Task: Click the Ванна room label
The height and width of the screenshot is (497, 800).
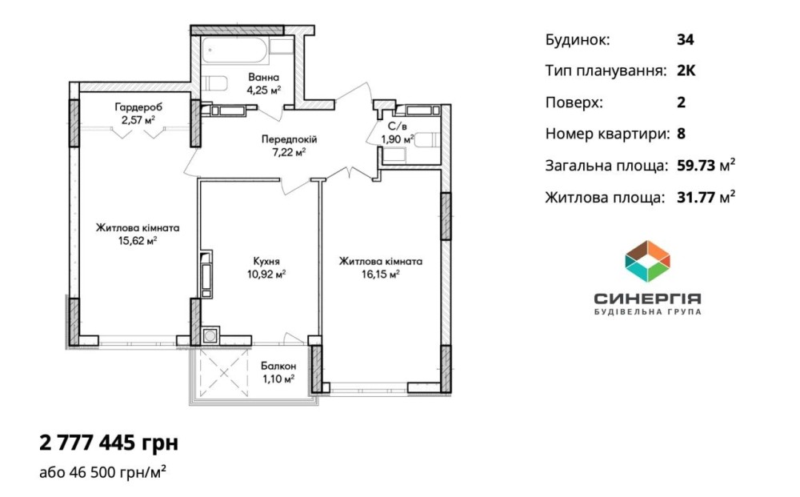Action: point(264,78)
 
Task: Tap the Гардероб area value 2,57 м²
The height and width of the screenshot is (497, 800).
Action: point(138,120)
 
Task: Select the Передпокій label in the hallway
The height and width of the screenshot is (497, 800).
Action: point(290,139)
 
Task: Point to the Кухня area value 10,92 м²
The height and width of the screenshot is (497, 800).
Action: point(266,275)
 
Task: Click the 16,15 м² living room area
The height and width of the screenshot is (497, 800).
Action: point(381,275)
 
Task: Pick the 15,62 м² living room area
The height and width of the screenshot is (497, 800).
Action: point(138,241)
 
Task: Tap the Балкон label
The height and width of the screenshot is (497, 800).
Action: point(278,366)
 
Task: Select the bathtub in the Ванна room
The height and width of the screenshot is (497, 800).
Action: point(234,50)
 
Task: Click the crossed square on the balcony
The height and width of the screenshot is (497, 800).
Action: point(224,373)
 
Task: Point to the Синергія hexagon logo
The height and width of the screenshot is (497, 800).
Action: point(647,261)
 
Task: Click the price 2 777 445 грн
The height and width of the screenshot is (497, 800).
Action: point(109,443)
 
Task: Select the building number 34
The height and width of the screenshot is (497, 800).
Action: point(686,40)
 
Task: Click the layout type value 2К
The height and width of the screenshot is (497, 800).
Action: point(686,70)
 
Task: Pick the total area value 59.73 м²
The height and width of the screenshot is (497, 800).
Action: point(706,165)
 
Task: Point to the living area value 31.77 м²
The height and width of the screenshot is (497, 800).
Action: point(706,196)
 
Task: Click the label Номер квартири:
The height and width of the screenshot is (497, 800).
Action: point(608,134)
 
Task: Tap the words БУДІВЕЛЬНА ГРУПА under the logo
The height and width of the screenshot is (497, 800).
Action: point(648,311)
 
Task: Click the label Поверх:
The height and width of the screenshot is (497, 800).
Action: point(574,102)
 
